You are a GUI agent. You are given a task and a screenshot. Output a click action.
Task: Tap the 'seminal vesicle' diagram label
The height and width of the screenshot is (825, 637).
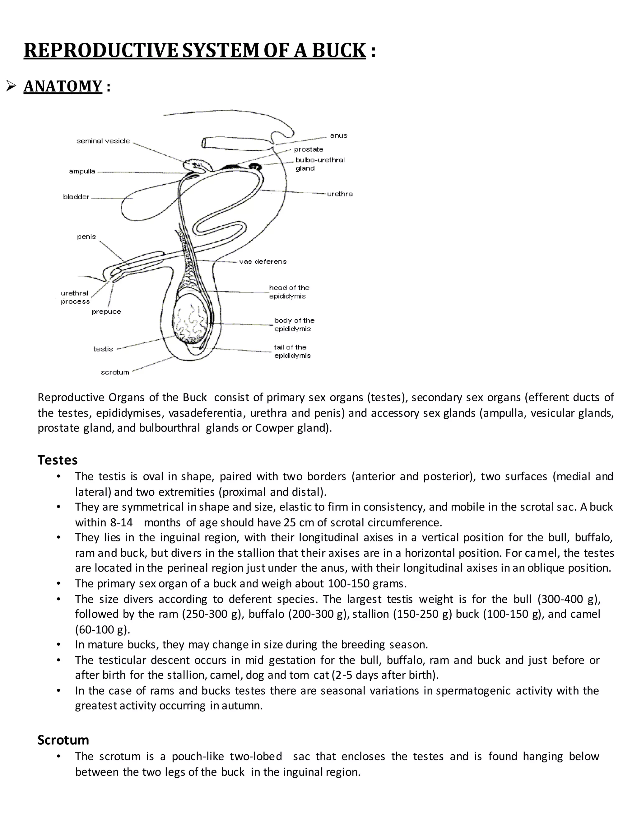click(x=103, y=141)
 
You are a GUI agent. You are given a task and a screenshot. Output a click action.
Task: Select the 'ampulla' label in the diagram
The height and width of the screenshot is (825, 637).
click(x=82, y=172)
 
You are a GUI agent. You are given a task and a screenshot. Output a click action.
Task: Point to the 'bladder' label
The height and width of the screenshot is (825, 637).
click(x=76, y=197)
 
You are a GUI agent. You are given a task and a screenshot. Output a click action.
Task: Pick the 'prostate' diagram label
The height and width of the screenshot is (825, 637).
click(x=308, y=149)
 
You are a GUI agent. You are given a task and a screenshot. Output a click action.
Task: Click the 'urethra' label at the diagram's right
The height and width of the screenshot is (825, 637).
click(x=340, y=194)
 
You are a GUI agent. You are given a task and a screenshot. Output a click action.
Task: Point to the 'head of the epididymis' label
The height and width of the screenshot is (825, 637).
click(x=289, y=292)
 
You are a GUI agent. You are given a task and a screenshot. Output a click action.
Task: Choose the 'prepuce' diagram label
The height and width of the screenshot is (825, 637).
click(x=106, y=312)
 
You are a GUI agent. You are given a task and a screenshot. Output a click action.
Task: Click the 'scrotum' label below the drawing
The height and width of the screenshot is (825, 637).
click(x=115, y=372)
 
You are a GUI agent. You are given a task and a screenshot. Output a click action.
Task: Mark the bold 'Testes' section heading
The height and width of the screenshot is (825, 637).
click(x=57, y=460)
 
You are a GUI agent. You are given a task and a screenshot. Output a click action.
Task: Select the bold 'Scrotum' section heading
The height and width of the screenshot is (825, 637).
click(x=63, y=740)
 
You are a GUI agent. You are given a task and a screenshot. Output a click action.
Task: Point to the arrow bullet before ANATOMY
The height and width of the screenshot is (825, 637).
click(x=11, y=87)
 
